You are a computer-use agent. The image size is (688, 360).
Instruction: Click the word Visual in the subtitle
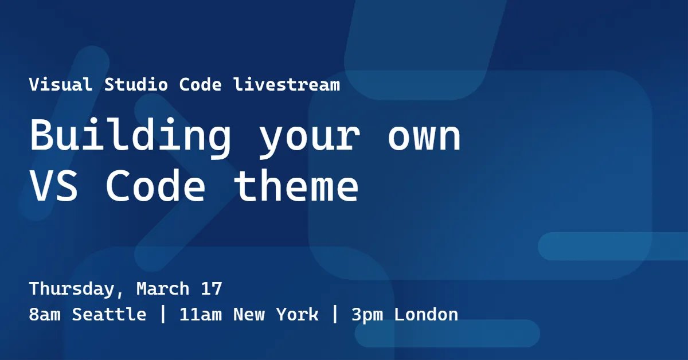60,85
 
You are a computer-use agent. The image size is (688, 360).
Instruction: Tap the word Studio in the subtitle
136,85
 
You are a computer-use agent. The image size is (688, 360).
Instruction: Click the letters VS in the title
54,186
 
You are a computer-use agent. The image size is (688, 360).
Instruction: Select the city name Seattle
109,315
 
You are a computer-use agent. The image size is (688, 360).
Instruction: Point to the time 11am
200,315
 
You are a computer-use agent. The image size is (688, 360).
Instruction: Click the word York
297,315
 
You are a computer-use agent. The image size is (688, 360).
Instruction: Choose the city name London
426,315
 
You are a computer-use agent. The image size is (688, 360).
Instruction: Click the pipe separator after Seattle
163,315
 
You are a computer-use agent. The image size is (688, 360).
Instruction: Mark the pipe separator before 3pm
335,315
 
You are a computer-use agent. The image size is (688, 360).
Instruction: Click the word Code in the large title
155,186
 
